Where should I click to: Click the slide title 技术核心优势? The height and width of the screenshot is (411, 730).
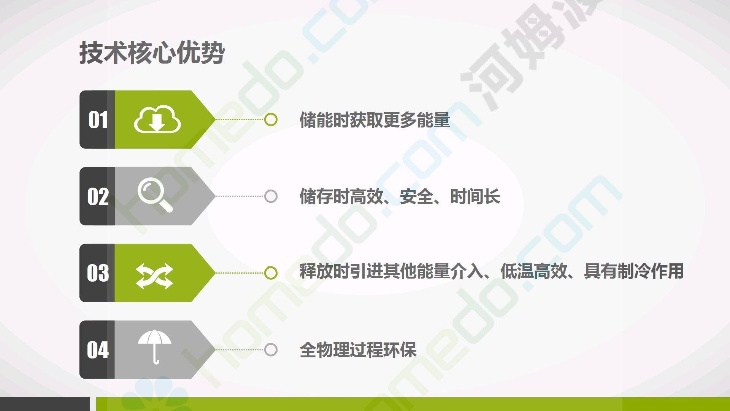point(152,53)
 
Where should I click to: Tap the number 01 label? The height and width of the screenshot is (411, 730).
point(98,119)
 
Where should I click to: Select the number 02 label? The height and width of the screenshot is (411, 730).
point(98,196)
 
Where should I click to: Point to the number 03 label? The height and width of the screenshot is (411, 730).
point(98,273)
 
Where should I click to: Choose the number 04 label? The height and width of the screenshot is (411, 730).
point(98,350)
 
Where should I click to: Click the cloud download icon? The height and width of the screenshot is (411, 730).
point(157,119)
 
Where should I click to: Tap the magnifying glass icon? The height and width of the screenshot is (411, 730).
point(155,195)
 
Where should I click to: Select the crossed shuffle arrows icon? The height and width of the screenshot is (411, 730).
point(154,276)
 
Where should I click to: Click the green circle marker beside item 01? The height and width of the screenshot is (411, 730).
point(271,119)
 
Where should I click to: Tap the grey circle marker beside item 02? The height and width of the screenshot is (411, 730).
point(271,196)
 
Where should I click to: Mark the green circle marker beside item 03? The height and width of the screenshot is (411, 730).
point(271,273)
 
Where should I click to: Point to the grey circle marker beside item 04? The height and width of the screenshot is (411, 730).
point(271,350)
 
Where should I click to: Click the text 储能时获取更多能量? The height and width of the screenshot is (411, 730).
point(375,120)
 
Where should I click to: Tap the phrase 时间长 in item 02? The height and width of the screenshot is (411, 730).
point(475,197)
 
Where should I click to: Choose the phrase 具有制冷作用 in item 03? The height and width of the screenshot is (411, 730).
point(634,271)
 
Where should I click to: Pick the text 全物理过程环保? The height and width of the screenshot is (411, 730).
point(358,350)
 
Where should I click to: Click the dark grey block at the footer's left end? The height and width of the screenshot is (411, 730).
point(45,404)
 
